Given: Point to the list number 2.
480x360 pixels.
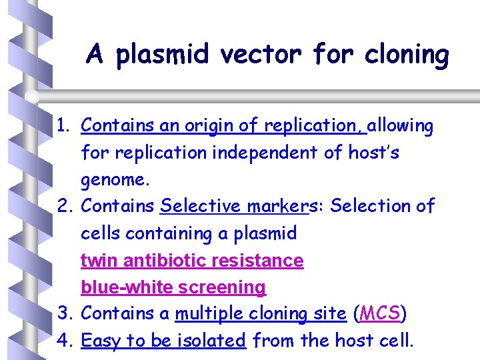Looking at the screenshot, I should (64, 206).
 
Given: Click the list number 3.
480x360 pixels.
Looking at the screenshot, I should (64, 313).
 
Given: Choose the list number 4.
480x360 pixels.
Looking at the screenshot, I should (64, 341).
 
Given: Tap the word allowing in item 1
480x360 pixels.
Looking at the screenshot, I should (401, 125).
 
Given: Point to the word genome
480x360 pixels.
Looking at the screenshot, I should (111, 179).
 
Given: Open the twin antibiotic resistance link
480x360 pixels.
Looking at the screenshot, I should (192, 260).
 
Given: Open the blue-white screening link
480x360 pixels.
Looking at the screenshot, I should (173, 287).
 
